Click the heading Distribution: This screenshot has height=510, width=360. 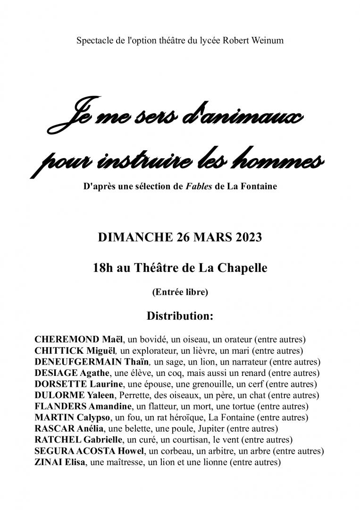(x=180, y=316)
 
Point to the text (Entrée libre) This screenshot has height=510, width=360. (x=180, y=292)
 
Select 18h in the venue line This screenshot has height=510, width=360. (x=103, y=268)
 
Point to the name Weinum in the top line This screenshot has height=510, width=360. (x=267, y=41)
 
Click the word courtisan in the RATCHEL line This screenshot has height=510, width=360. (x=173, y=440)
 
